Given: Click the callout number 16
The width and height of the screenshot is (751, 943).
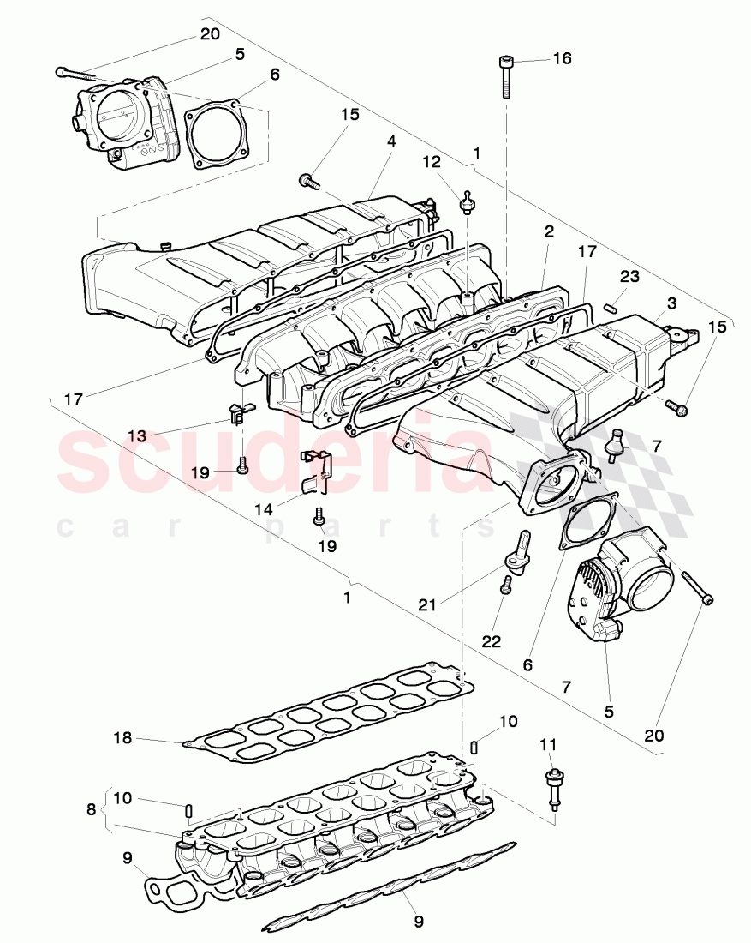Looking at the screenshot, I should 561,59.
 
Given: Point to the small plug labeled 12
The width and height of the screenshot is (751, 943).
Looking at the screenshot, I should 468,203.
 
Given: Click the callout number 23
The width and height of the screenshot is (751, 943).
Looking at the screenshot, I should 629,277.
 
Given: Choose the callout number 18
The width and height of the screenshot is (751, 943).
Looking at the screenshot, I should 124,737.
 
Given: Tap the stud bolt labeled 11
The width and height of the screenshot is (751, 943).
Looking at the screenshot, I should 553,786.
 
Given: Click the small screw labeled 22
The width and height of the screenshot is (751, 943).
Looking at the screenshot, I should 505,585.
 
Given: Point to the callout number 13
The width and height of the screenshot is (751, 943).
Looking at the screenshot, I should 137,435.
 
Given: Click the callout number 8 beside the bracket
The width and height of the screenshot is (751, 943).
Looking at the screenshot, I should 92,808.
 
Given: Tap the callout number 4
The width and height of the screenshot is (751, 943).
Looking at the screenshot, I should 391,142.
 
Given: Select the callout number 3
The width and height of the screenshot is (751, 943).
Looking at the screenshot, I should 672,303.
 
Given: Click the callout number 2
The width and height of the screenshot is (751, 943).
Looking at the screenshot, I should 549,231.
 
